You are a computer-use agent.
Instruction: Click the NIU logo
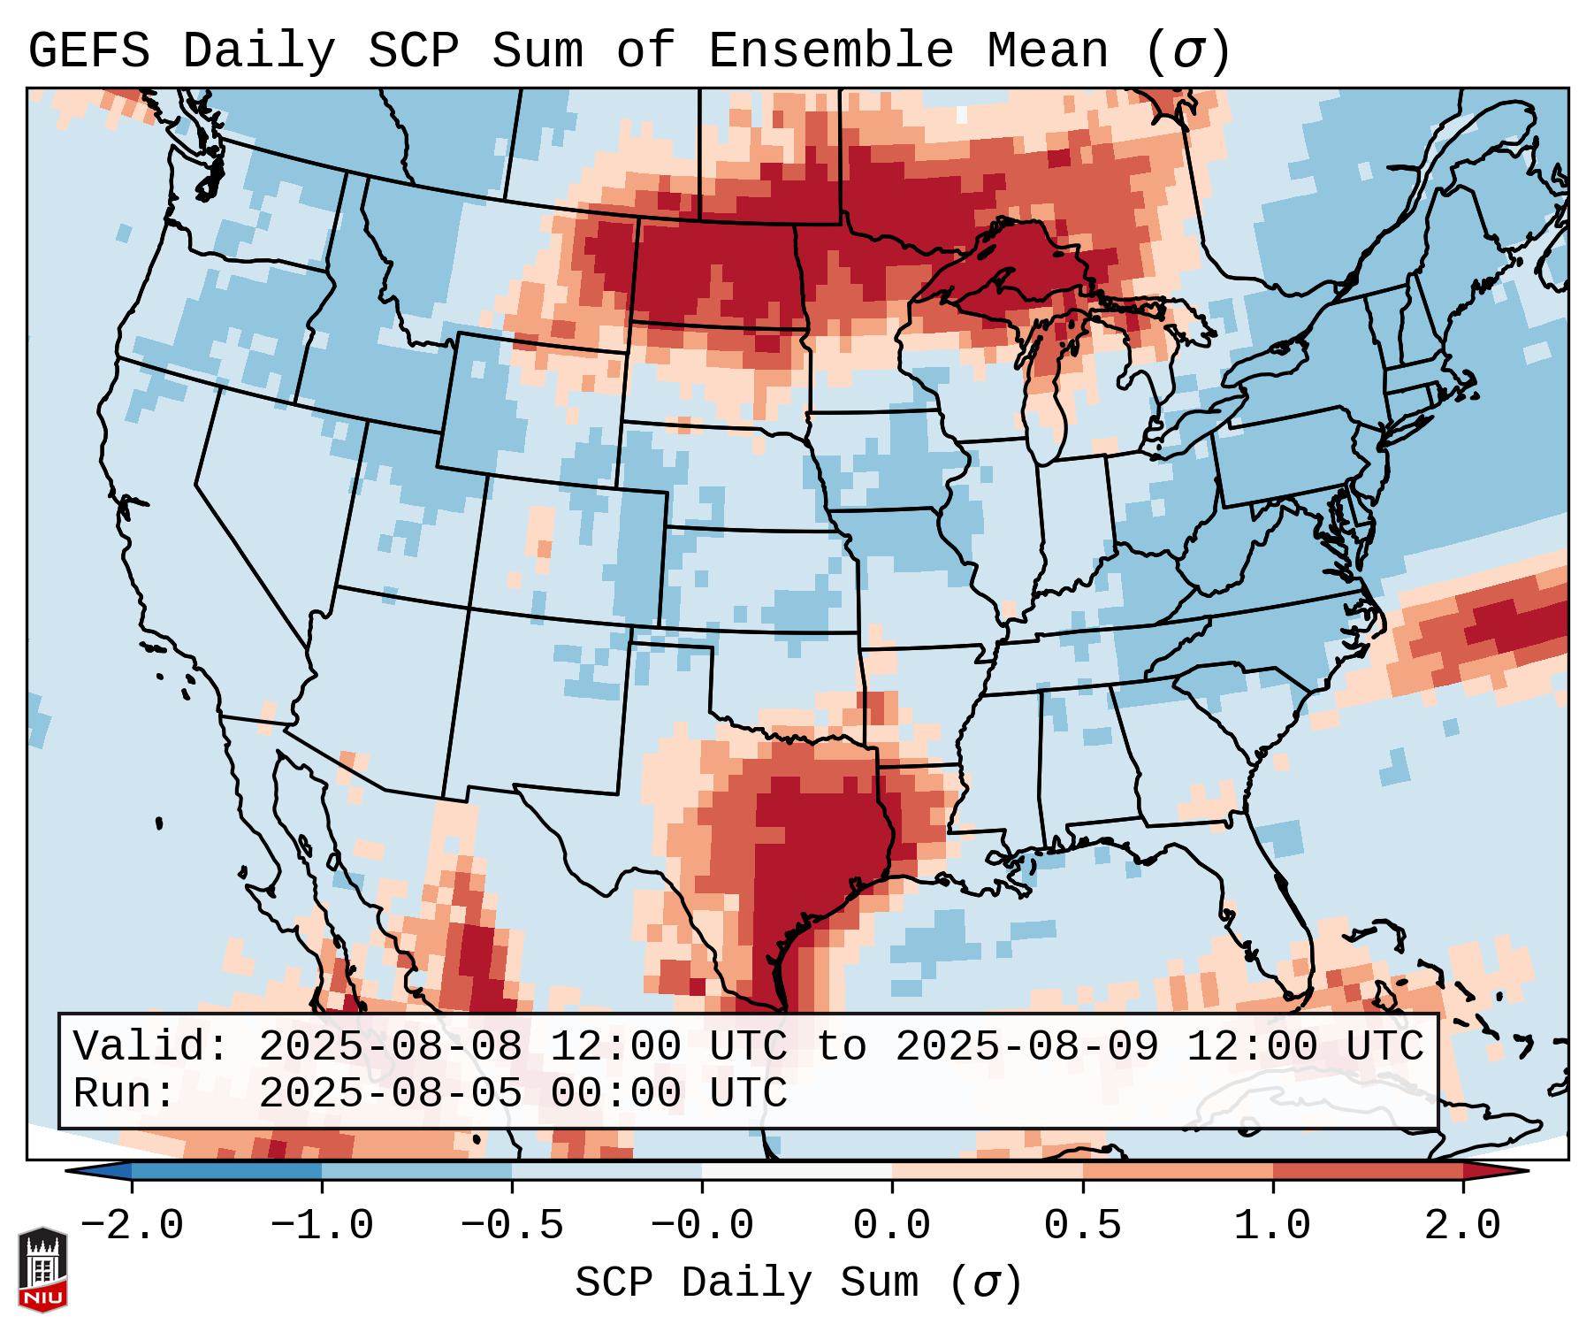[x=42, y=1269]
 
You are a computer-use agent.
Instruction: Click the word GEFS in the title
[x=88, y=51]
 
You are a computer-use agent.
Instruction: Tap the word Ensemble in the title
[x=831, y=51]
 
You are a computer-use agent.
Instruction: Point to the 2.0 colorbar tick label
[x=1462, y=1227]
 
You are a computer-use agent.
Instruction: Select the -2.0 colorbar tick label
[x=132, y=1227]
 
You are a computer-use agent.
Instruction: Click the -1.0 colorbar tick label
[x=322, y=1227]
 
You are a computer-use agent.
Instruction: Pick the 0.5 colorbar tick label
[x=1082, y=1227]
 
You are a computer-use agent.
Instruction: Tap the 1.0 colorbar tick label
[x=1272, y=1227]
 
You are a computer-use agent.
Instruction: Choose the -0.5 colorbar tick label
[x=512, y=1227]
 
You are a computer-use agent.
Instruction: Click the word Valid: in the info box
[x=151, y=1047]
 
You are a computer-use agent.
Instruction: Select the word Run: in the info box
[x=125, y=1093]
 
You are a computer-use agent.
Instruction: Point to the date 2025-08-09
[x=1026, y=1047]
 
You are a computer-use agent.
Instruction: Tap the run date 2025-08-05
[x=390, y=1093]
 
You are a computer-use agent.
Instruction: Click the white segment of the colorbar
[x=797, y=1171]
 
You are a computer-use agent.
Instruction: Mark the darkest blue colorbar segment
[x=226, y=1171]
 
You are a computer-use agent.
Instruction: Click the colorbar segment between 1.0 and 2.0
[x=1367, y=1171]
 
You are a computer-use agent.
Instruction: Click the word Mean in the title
[x=1048, y=51]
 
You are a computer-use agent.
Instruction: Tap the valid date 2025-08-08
[x=390, y=1047]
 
